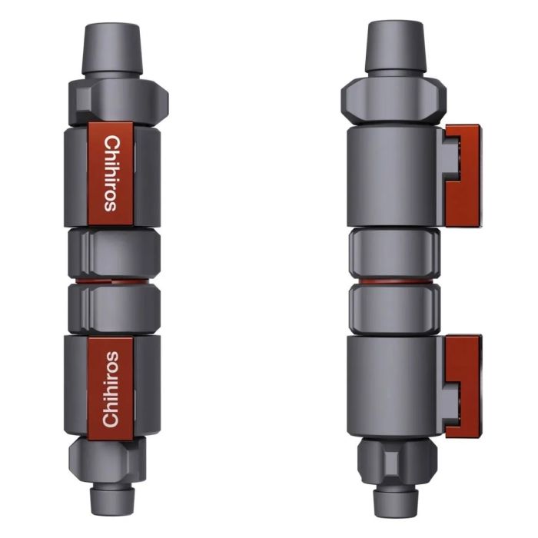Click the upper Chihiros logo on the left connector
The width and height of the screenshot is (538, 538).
(x=111, y=173)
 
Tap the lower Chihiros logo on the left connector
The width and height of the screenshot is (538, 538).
(x=111, y=388)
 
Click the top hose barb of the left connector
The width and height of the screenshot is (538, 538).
(x=113, y=48)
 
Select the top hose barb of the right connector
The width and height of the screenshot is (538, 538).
(x=394, y=46)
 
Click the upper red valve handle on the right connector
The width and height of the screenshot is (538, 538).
(x=463, y=175)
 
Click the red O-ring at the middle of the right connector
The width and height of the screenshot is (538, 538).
(x=394, y=281)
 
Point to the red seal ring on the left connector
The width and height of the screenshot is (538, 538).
(x=113, y=281)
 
